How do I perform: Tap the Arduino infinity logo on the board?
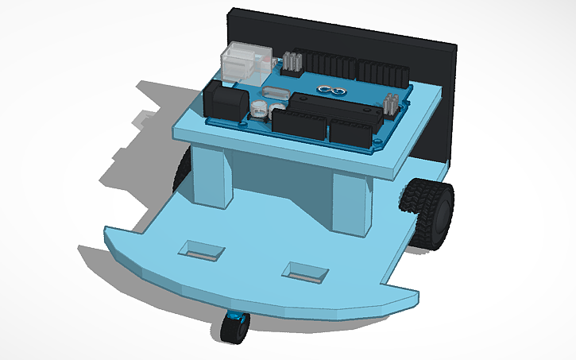coord(328,90)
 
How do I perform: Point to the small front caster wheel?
coord(233,327)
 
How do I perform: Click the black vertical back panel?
coord(433,95)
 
